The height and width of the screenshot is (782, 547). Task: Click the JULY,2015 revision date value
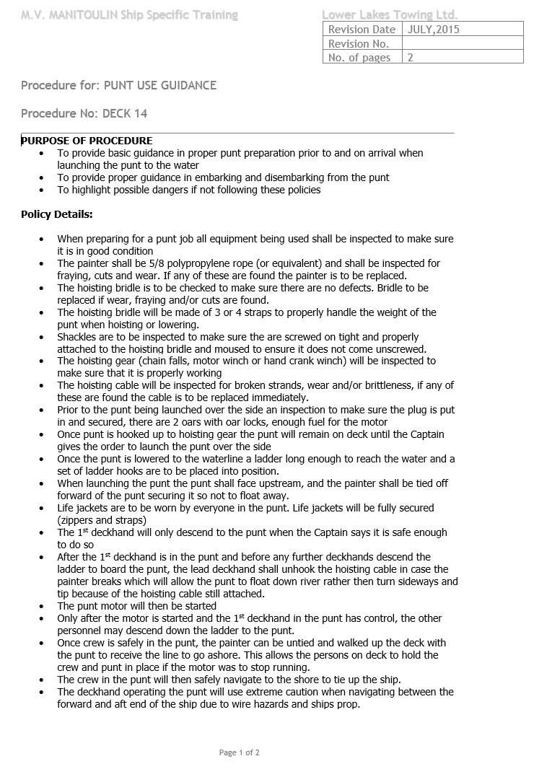(x=433, y=30)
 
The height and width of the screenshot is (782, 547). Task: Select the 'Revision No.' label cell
(x=359, y=44)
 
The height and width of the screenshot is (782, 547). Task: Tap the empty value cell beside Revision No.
(x=462, y=44)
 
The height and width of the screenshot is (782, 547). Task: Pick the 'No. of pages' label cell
(x=359, y=58)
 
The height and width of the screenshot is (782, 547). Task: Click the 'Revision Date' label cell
(x=362, y=30)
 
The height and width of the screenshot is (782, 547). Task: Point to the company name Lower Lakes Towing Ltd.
(x=390, y=14)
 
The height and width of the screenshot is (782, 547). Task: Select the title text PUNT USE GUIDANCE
(x=160, y=85)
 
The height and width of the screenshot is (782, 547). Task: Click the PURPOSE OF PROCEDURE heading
(x=87, y=141)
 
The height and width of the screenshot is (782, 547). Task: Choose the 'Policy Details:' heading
(x=56, y=214)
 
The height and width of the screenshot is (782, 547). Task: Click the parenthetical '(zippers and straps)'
(x=102, y=520)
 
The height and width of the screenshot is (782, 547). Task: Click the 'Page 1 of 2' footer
(x=239, y=752)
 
